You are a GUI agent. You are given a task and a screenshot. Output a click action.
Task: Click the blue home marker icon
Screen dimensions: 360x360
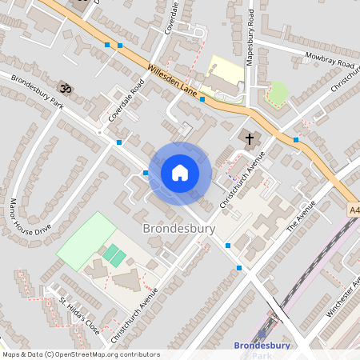[180, 172]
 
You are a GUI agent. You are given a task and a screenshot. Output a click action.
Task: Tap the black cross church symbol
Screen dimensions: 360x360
[250, 140]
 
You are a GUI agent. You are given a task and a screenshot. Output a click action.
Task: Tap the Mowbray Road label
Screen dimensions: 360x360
[318, 60]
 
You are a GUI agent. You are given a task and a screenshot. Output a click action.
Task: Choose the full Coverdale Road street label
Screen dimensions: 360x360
[126, 103]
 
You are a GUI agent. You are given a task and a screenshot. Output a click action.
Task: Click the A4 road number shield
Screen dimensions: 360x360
[354, 210]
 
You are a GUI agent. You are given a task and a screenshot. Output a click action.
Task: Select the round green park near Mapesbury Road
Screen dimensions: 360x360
[277, 94]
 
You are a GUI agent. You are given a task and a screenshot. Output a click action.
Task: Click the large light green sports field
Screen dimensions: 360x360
[86, 241]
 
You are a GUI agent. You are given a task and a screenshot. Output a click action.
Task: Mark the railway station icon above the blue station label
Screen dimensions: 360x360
[262, 335]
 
